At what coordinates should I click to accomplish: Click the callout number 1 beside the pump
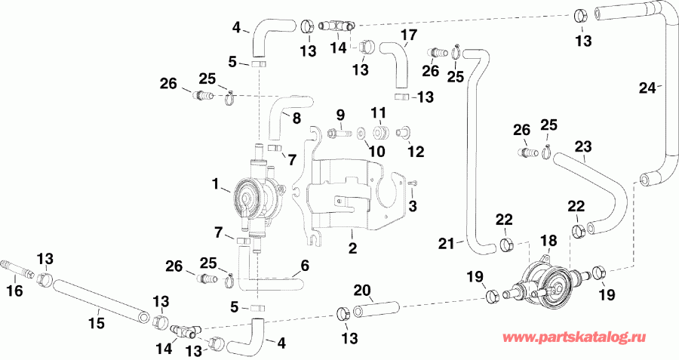pyautogui.click(x=216, y=183)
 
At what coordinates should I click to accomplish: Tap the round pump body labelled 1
pyautogui.click(x=250, y=195)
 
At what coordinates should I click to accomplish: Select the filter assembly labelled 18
pyautogui.click(x=543, y=280)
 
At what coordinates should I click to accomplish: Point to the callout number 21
pyautogui.click(x=446, y=242)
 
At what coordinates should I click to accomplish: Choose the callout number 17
pyautogui.click(x=408, y=35)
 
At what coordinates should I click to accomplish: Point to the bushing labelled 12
pyautogui.click(x=402, y=133)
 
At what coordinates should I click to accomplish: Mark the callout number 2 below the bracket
pyautogui.click(x=352, y=247)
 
